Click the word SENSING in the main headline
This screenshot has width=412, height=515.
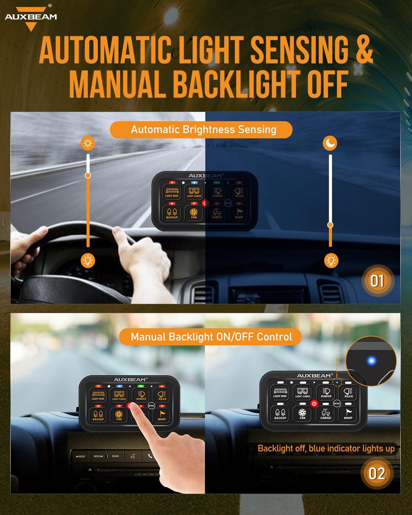pos(299,50)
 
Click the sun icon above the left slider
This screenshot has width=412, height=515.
pos(88,143)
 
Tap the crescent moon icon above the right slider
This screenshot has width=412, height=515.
pos(330,143)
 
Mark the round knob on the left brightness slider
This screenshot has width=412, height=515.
pos(88,175)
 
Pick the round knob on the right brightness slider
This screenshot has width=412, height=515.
pos(330,225)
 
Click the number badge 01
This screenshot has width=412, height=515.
pos(377,281)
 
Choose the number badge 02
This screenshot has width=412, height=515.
pos(376,474)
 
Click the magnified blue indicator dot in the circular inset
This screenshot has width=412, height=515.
pos(371,361)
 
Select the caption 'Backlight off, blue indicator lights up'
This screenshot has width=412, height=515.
pos(326,448)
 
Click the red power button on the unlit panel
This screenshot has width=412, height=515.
pos(314,403)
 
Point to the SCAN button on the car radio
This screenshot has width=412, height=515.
pos(115,456)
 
